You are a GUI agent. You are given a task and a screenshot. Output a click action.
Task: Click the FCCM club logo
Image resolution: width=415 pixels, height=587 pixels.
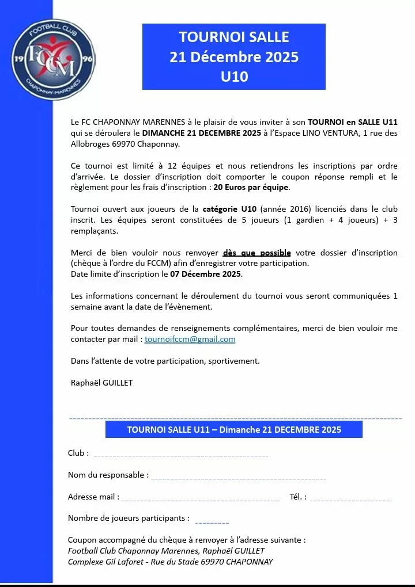54,60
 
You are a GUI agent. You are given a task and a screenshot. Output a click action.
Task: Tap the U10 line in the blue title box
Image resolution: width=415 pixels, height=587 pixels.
234,77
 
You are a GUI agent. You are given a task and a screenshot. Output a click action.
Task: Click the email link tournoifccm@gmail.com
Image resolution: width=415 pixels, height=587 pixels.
190,339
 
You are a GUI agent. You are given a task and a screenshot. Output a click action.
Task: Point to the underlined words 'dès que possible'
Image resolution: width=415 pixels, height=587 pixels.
256,253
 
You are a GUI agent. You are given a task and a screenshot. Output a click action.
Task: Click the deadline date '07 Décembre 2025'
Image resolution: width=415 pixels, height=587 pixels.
206,274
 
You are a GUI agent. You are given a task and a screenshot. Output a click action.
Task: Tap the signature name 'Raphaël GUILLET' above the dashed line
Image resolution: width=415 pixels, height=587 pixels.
101,383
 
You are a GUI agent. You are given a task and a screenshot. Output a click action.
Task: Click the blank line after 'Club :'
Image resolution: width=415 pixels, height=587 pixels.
180,454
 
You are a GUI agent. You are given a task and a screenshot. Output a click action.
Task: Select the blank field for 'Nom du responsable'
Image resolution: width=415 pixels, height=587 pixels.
238,477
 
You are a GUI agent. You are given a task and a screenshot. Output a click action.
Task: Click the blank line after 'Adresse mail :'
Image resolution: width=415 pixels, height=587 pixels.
200,498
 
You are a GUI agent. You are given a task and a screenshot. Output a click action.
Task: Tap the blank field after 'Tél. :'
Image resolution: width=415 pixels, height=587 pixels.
350,498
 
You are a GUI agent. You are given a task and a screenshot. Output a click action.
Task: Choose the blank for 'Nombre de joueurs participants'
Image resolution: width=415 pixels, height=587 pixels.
212,521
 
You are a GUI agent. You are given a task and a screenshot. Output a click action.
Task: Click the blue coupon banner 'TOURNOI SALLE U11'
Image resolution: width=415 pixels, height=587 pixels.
234,429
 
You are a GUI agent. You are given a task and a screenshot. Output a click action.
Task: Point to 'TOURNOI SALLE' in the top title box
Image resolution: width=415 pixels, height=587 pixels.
234,37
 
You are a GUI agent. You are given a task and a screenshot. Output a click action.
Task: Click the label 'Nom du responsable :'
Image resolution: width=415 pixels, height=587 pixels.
108,475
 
